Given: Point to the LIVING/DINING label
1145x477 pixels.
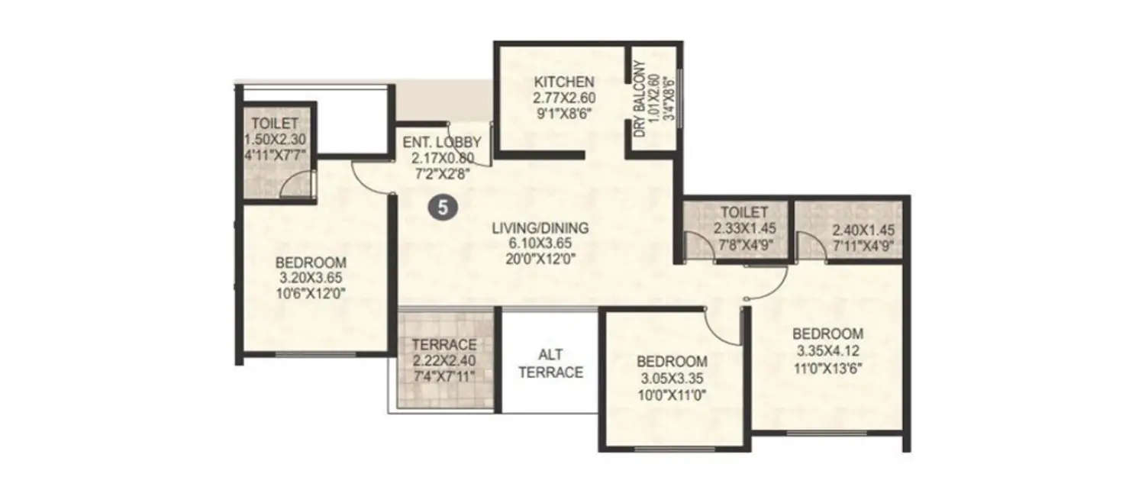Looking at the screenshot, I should click(540, 227).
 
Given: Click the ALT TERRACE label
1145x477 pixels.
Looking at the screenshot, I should click(551, 364).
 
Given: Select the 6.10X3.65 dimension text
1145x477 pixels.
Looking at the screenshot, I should click(540, 243).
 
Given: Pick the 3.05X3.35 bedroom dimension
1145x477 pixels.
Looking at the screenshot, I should click(672, 377).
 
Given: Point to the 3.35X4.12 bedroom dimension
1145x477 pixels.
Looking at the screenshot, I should click(827, 350).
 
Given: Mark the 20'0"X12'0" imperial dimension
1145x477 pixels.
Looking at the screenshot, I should click(540, 258).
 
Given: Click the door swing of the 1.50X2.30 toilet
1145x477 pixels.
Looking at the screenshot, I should click(298, 185).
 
